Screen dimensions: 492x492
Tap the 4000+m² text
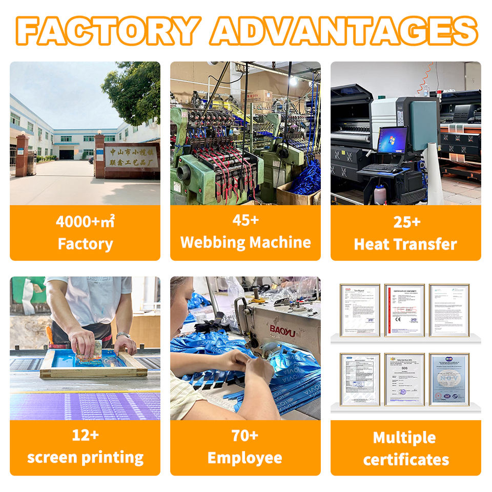tap(85, 222)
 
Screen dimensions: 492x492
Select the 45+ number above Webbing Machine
tap(245, 220)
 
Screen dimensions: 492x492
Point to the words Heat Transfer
tap(405, 244)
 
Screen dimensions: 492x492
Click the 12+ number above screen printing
tap(85, 436)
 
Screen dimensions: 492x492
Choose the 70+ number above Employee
tap(245, 436)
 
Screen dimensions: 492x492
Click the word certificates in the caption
tap(405, 459)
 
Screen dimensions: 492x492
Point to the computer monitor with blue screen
tap(392, 140)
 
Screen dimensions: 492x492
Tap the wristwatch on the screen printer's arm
tap(122, 335)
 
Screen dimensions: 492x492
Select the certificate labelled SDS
tap(404, 379)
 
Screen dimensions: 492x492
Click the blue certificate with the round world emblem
tap(449, 379)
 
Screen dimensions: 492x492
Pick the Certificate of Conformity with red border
tap(404, 310)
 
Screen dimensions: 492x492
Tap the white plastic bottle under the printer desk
tap(380, 195)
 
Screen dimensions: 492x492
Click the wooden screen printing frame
tap(92, 365)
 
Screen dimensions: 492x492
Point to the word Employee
tap(245, 458)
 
